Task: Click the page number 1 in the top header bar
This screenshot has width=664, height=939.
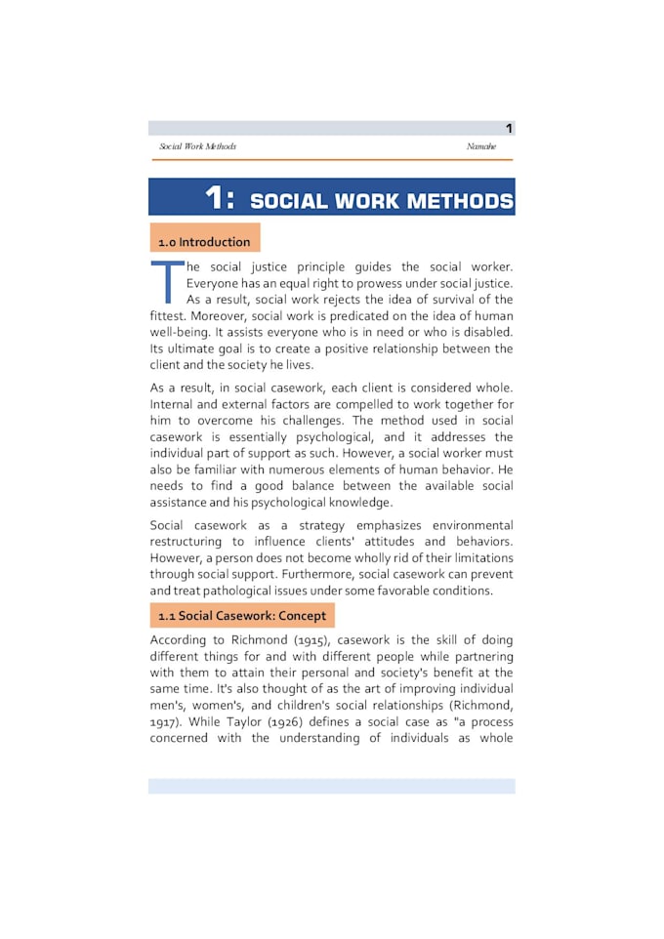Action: coord(509,129)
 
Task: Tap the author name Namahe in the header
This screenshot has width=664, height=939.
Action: coord(480,146)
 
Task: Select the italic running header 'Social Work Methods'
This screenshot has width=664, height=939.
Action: coord(198,146)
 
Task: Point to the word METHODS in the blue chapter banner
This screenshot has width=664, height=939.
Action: coord(460,201)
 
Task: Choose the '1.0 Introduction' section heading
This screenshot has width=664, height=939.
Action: coord(204,242)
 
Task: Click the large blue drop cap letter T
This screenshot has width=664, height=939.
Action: coord(167,281)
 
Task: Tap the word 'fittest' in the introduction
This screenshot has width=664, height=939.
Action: coord(168,316)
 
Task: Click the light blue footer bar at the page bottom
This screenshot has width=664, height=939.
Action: coord(331,786)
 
